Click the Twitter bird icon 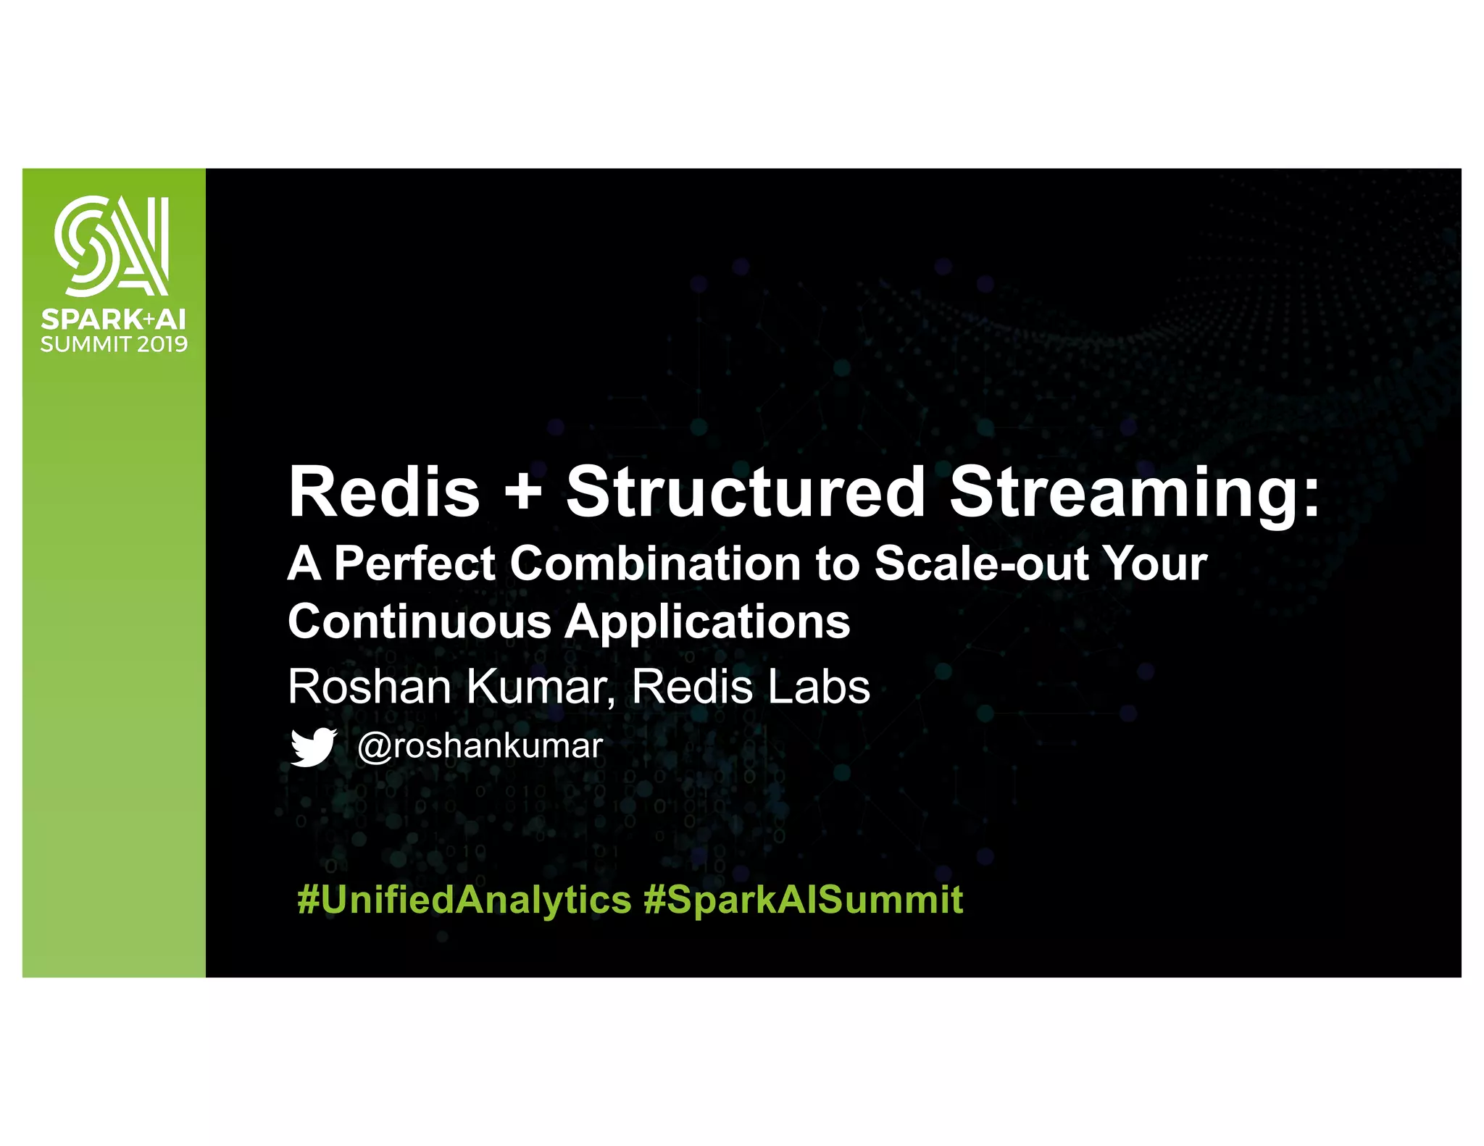click(313, 747)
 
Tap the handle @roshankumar click(480, 746)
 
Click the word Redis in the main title click(384, 493)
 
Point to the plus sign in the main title click(522, 493)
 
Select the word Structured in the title click(745, 493)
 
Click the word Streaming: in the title click(1135, 493)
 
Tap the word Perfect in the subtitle click(414, 564)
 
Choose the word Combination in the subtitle click(655, 564)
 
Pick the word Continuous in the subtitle click(420, 622)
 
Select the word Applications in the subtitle click(707, 622)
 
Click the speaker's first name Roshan click(370, 687)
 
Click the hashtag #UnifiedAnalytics click(464, 900)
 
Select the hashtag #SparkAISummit click(803, 900)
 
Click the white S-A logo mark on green click(112, 246)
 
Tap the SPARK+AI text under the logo click(113, 319)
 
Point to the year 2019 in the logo click(162, 344)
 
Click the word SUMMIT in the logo click(86, 344)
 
